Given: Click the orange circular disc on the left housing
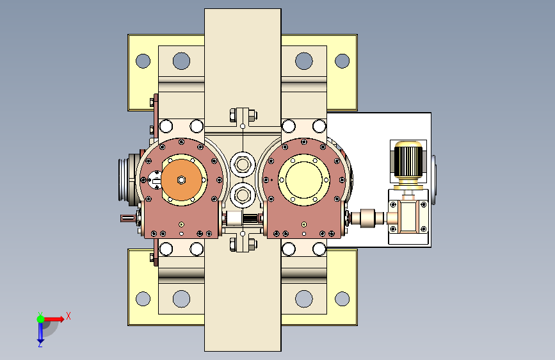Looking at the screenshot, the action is pyautogui.click(x=181, y=180).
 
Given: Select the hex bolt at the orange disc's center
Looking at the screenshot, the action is pyautogui.click(x=181, y=180).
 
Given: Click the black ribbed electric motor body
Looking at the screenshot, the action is pyautogui.click(x=408, y=161).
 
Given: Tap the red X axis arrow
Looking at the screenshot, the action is pyautogui.click(x=54, y=319).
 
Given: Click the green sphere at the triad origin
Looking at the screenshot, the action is pyautogui.click(x=40, y=319).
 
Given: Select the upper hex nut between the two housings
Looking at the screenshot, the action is pyautogui.click(x=243, y=165).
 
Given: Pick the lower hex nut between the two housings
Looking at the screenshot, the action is pyautogui.click(x=243, y=195).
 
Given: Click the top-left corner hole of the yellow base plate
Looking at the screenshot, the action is pyautogui.click(x=143, y=61).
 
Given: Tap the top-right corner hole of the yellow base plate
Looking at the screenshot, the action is pyautogui.click(x=342, y=61).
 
